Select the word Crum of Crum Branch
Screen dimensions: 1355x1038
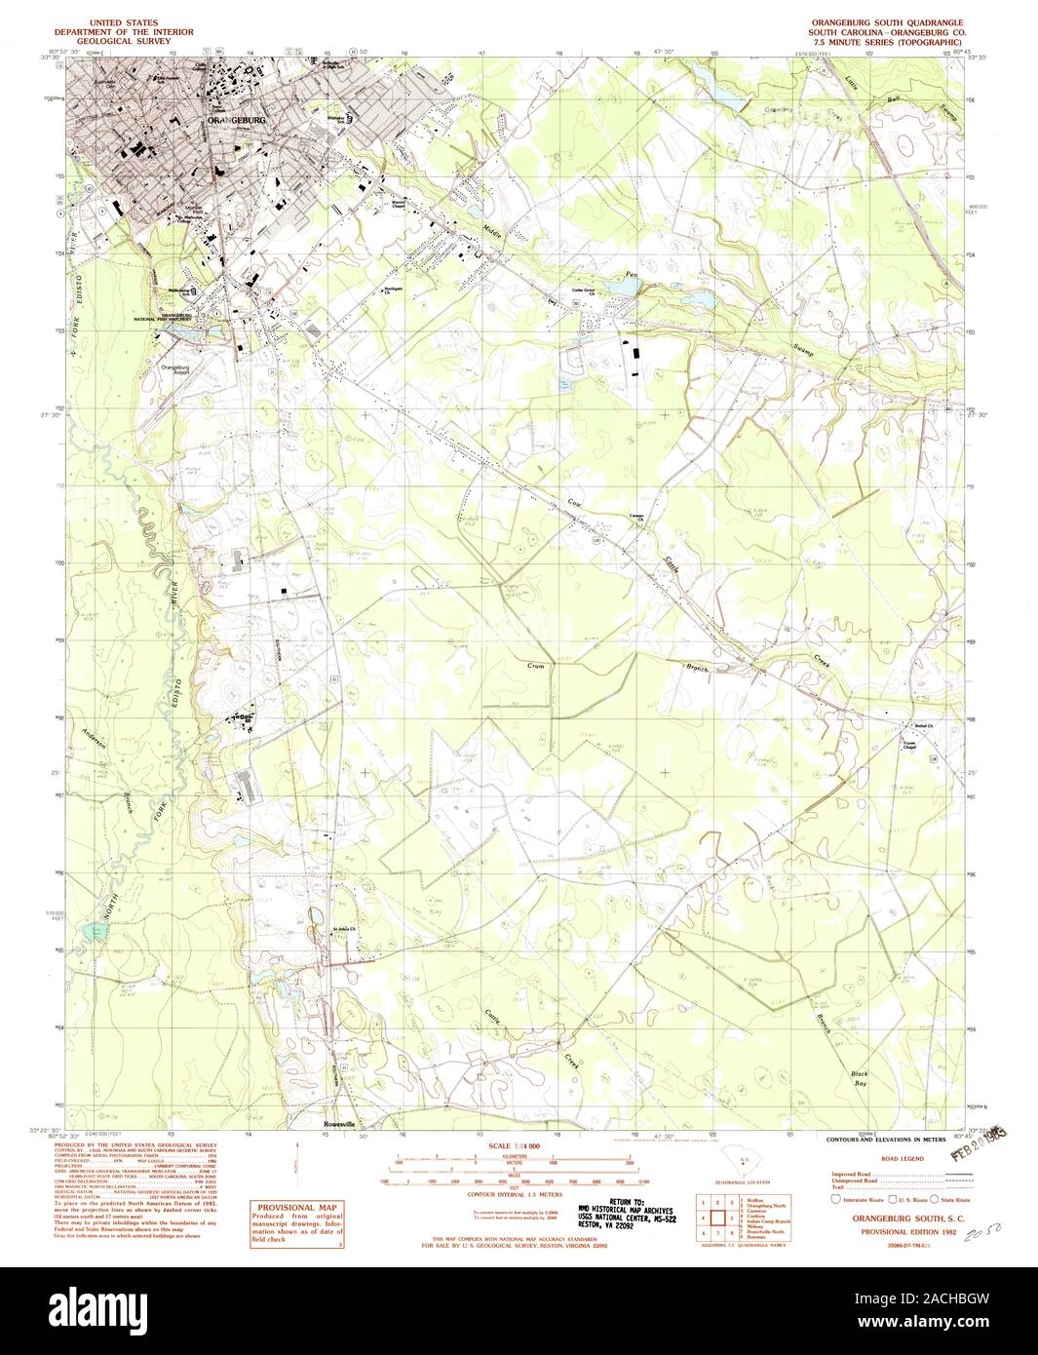(535, 666)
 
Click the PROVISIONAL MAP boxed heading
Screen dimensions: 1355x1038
(295, 1206)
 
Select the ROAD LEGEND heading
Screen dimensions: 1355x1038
(901, 1159)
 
